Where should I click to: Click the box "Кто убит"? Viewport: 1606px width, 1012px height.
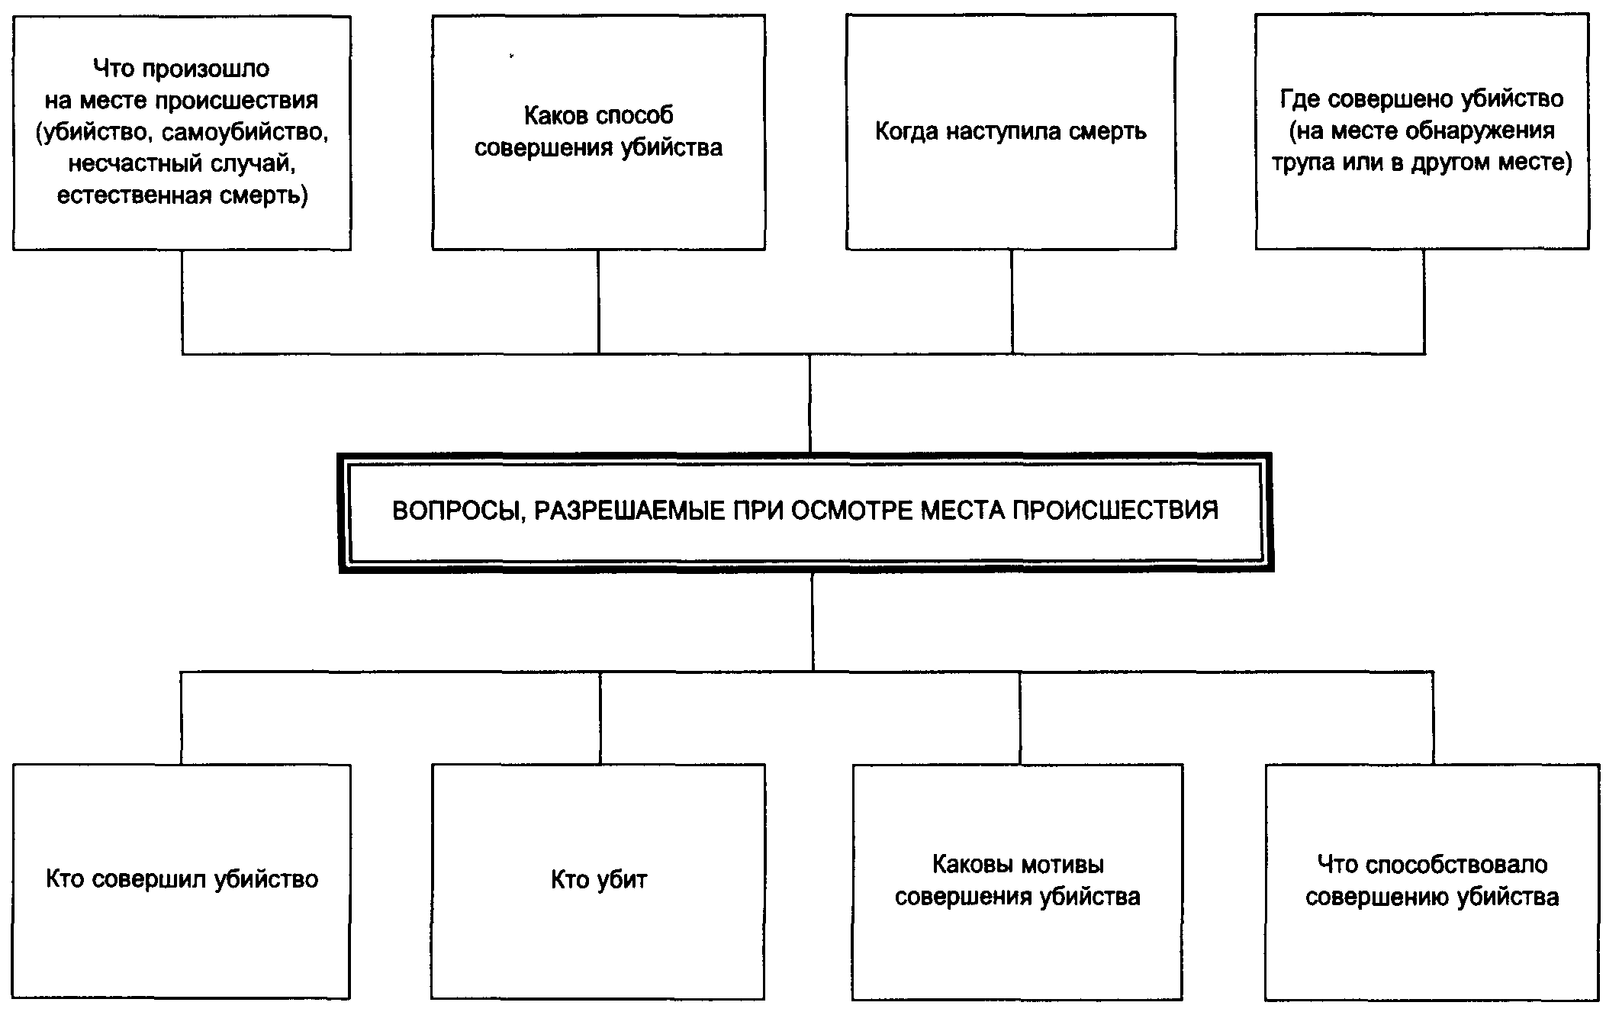(598, 881)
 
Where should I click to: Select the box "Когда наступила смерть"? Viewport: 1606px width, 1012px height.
(1010, 132)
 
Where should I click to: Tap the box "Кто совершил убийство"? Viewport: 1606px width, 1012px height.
(182, 881)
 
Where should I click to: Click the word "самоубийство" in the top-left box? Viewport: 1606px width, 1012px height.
(246, 133)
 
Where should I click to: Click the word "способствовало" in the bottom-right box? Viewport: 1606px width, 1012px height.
(1456, 865)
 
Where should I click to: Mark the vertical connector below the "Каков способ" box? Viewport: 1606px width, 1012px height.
(598, 301)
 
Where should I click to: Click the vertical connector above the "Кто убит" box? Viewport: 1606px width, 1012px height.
(600, 717)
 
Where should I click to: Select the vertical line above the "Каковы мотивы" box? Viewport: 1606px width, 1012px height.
(1020, 717)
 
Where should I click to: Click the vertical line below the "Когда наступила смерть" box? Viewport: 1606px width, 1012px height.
(1012, 301)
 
